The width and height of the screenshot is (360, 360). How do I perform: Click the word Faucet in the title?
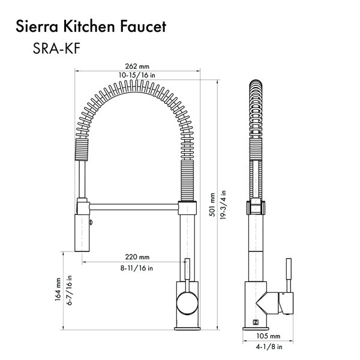pyautogui.click(x=143, y=26)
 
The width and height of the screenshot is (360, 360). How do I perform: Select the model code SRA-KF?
pyautogui.click(x=56, y=49)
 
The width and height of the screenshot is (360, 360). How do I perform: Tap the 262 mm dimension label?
pyautogui.click(x=137, y=67)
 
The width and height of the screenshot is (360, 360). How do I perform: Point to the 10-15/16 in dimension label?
pyautogui.click(x=137, y=75)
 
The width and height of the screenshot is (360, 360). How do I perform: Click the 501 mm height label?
pyautogui.click(x=212, y=205)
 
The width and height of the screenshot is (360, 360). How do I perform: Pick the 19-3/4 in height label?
pyautogui.click(x=223, y=205)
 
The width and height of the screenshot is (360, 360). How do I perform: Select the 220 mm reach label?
pyautogui.click(x=137, y=257)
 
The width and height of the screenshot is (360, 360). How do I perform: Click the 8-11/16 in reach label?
pyautogui.click(x=137, y=268)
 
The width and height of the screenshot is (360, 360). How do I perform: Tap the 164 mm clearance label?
pyautogui.click(x=58, y=290)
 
